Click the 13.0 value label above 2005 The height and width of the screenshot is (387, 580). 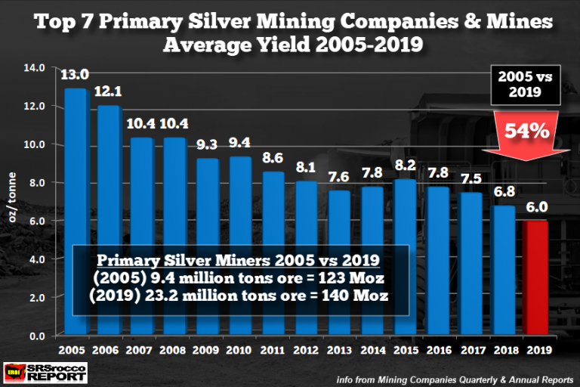76,75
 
